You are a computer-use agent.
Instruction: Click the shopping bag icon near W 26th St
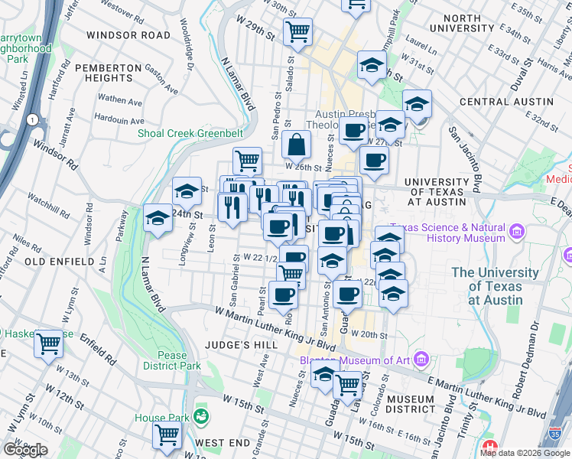296,144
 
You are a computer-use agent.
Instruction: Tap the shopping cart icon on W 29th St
297,32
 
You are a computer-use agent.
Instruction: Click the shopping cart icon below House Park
167,435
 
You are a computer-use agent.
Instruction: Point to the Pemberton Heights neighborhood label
109,73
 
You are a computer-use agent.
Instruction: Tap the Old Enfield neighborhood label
37,262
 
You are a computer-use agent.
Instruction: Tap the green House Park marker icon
200,417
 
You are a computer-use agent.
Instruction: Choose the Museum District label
410,405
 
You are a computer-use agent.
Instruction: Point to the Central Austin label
505,102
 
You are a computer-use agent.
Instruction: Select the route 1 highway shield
32,119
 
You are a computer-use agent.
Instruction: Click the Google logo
25,450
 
